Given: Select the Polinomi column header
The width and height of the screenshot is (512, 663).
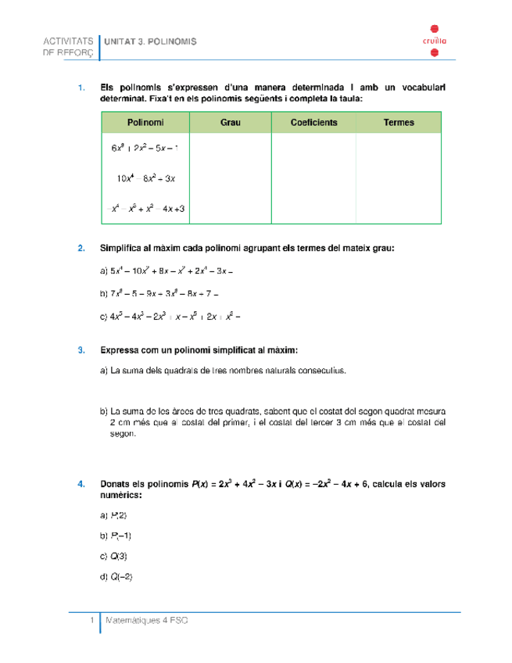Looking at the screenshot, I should tap(145, 123).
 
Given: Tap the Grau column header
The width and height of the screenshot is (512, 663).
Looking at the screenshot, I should tap(230, 123).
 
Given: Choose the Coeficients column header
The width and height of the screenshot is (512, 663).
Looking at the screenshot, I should tap(313, 123).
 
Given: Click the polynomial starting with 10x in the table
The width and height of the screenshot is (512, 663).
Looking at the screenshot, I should tap(146, 178).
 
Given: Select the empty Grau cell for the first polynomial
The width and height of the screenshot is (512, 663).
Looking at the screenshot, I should tap(230, 149).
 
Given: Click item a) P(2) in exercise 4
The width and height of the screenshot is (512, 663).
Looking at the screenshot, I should tap(114, 516).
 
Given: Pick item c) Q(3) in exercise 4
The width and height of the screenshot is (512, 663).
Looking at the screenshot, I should tap(114, 557).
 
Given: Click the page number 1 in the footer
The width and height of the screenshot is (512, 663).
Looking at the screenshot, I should tap(91, 620).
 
